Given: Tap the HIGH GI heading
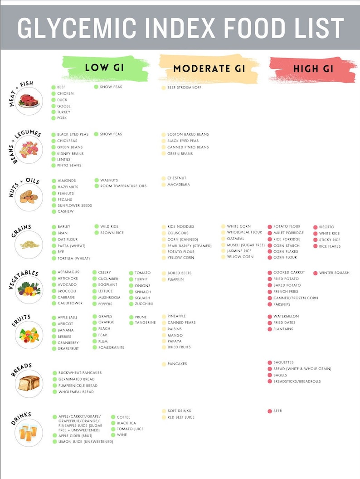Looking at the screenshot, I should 313,69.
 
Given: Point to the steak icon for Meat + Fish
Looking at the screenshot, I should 29,101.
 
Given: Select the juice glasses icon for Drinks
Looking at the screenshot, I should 29,433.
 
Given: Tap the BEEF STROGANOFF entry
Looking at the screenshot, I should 184,88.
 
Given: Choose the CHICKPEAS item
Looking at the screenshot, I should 68,141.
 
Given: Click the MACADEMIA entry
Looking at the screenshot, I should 178,185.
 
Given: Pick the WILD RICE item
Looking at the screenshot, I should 109,226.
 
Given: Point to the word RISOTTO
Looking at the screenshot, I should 326,227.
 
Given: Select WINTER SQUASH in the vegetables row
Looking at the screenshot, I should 334,273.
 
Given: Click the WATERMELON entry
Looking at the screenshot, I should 286,316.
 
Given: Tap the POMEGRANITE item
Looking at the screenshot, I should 111,347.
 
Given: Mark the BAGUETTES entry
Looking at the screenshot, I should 283,362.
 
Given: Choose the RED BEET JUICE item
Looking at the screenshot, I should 181,417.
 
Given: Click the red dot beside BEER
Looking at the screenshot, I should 270,411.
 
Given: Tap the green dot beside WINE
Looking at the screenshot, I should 113,435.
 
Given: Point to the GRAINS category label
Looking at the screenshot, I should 21,231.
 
